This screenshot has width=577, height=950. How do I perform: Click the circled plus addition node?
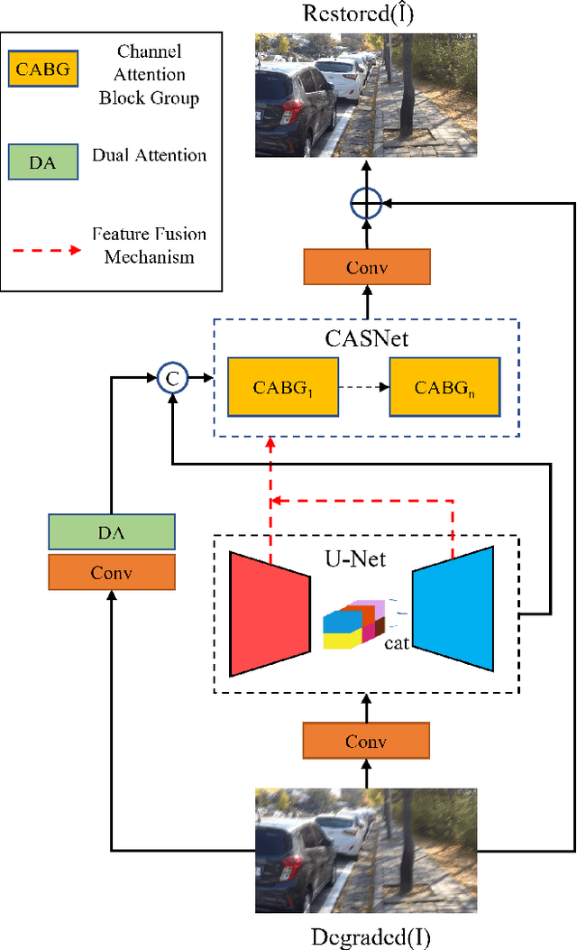pyautogui.click(x=366, y=206)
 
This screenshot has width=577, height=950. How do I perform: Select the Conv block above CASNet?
pyautogui.click(x=366, y=268)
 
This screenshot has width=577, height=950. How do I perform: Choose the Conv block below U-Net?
pyautogui.click(x=366, y=742)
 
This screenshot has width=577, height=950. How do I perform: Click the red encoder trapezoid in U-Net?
pyautogui.click(x=269, y=613)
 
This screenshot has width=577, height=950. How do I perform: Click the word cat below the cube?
pyautogui.click(x=398, y=644)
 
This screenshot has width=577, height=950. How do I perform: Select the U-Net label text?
pyautogui.click(x=356, y=559)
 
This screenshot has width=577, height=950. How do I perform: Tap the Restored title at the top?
pyautogui.click(x=365, y=14)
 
